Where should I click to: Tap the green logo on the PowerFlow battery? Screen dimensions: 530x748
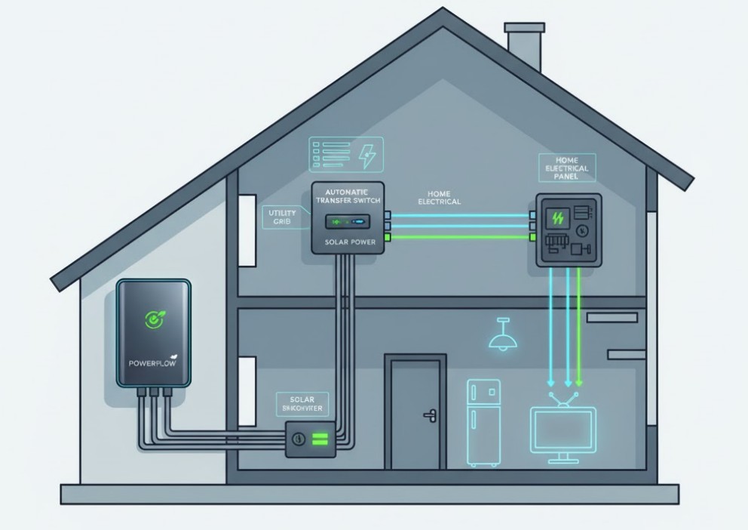coord(154,319)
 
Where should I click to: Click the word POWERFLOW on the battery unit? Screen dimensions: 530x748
coord(152,363)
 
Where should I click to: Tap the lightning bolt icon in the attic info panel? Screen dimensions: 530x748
coord(367,156)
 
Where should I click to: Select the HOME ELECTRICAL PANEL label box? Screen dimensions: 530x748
coord(566,168)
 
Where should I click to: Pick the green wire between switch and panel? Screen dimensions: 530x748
coord(460,237)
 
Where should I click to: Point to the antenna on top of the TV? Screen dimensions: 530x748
coord(563,398)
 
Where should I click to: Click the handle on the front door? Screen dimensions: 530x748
coord(431,414)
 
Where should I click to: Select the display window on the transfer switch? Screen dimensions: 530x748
coord(348,223)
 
